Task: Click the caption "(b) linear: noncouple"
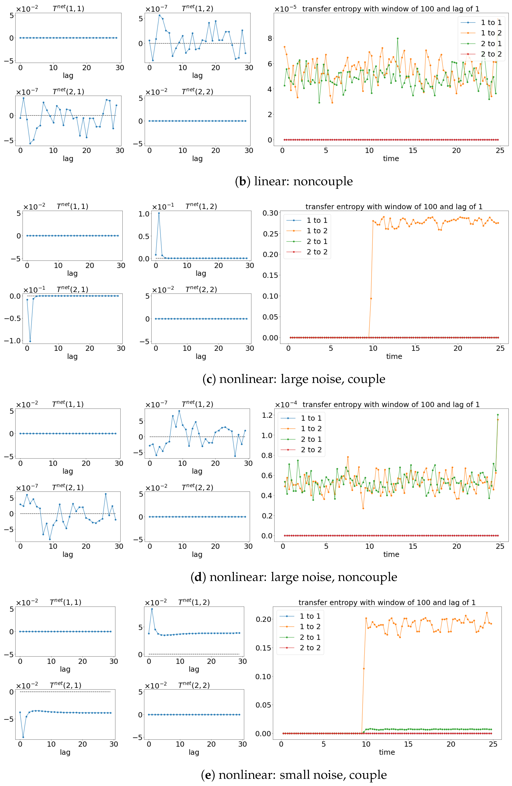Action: coord(294,181)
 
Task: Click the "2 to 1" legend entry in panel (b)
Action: coord(491,44)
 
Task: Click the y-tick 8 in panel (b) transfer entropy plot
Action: coord(270,38)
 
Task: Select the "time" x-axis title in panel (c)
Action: coord(394,356)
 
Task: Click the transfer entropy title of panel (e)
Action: coord(387,602)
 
